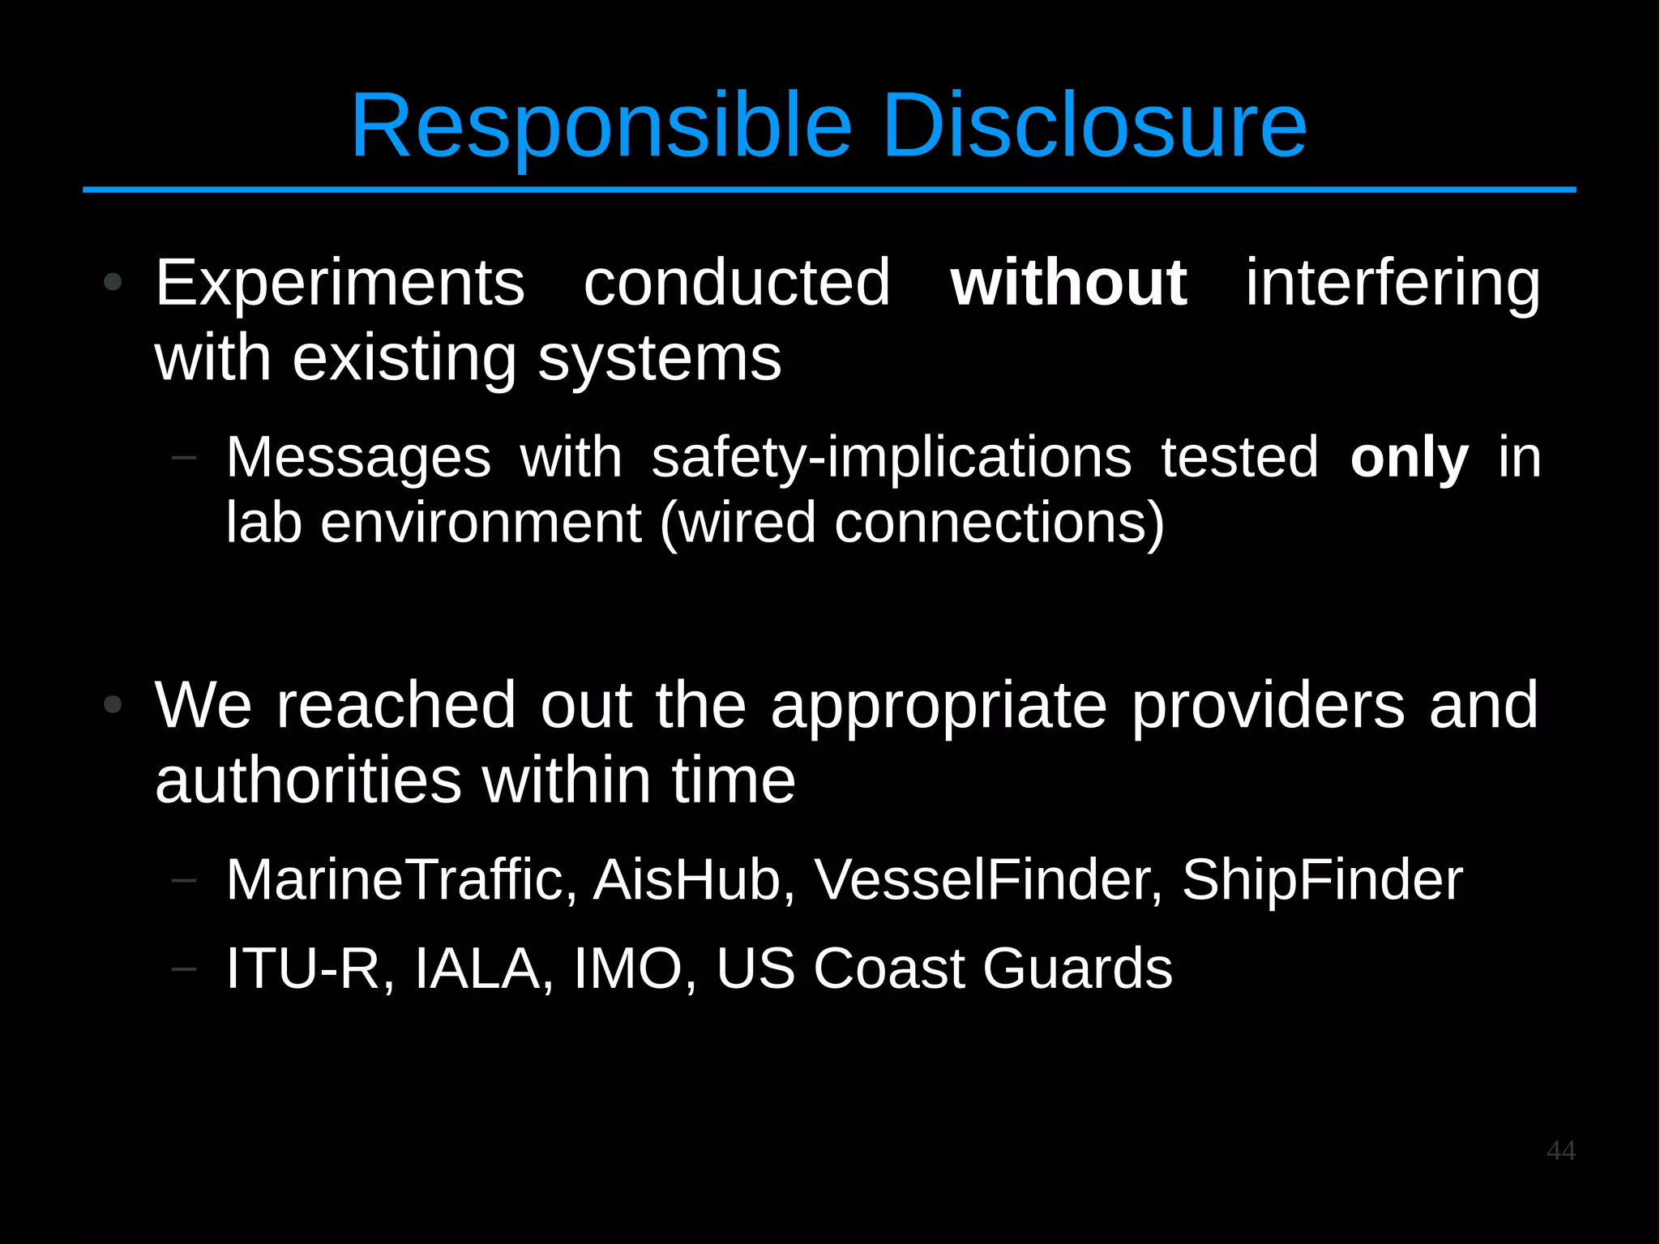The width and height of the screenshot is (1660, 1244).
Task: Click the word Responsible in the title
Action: tap(601, 126)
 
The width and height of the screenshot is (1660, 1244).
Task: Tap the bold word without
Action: tap(1068, 283)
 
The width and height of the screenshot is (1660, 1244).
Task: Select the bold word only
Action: tap(1409, 458)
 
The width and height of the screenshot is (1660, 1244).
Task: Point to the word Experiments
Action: tap(340, 283)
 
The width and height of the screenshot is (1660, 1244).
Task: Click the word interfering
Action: tap(1392, 283)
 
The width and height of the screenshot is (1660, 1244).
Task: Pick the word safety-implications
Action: tap(891, 458)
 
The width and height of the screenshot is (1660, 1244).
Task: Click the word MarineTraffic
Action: tap(395, 879)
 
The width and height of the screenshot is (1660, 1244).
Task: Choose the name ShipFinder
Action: tap(1322, 879)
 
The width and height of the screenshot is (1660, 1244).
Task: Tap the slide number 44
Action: tap(1560, 1151)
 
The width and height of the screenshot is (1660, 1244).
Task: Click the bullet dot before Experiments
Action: tap(113, 283)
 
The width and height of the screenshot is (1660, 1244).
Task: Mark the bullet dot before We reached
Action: tap(113, 705)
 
